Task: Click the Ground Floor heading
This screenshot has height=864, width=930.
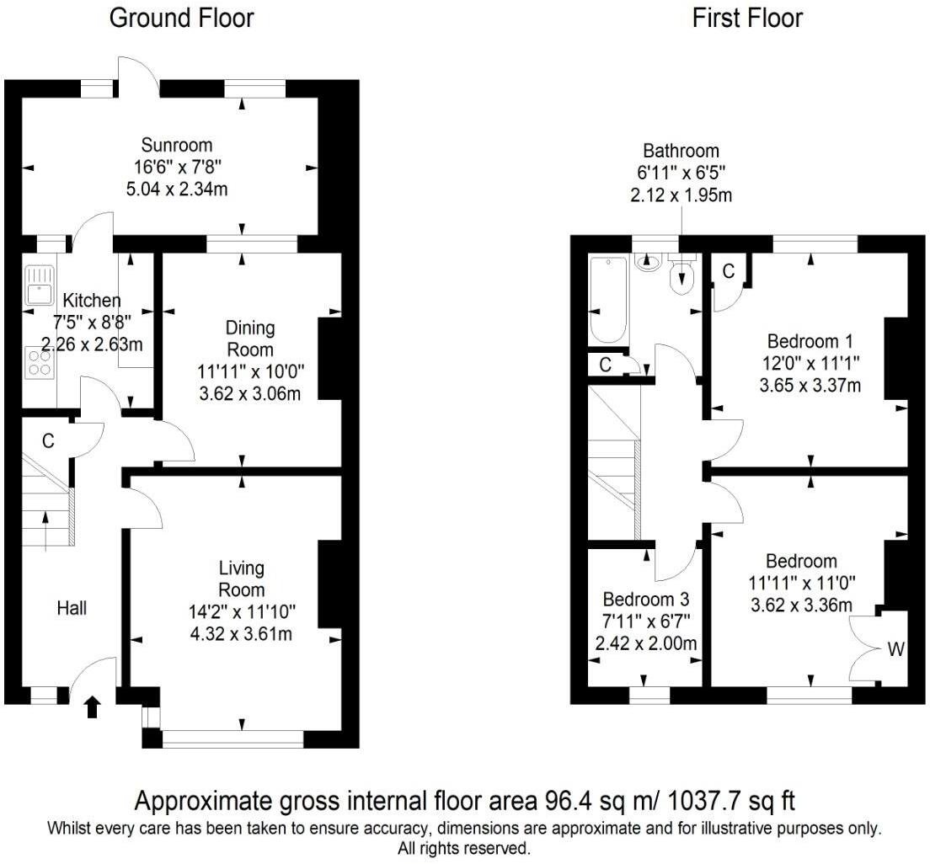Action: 181,18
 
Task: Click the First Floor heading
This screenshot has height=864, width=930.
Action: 747,18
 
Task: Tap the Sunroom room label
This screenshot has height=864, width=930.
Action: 177,144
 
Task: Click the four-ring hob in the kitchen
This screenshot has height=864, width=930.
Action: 39,362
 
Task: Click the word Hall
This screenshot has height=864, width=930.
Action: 72,606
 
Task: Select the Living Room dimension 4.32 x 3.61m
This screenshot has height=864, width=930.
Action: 241,633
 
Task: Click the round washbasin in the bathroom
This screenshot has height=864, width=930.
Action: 648,264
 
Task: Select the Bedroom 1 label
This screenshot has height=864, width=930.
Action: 810,341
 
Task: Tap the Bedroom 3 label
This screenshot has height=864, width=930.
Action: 645,600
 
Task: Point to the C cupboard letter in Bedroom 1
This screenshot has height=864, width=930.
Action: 729,271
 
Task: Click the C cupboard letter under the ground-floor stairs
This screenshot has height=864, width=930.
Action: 48,440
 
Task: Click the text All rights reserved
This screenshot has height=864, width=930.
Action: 464,848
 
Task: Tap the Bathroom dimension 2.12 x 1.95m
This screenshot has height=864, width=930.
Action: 681,195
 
